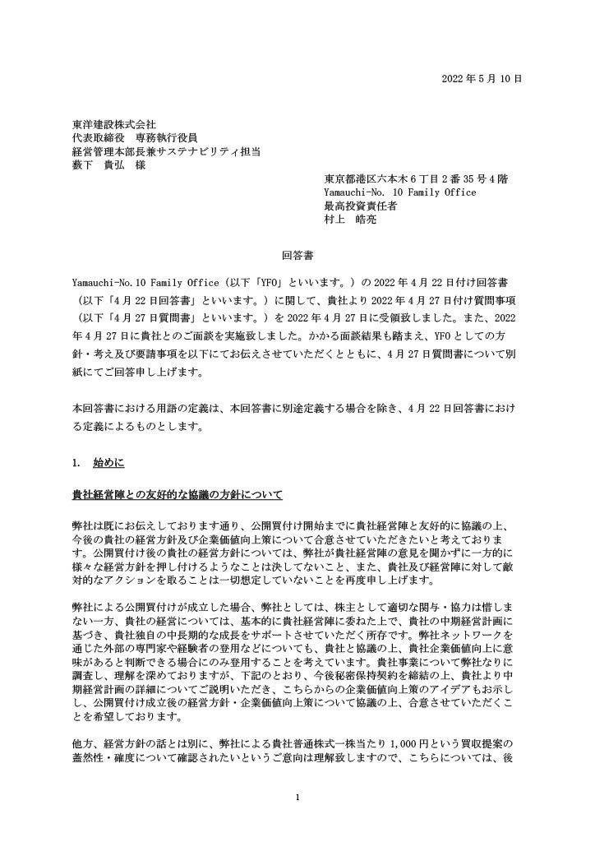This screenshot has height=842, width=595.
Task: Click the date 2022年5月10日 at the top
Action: click(481, 78)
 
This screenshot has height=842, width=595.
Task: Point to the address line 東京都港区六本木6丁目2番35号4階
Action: click(415, 179)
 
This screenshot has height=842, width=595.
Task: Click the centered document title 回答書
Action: click(297, 256)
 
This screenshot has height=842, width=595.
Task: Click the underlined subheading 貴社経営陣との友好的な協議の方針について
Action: click(178, 495)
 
